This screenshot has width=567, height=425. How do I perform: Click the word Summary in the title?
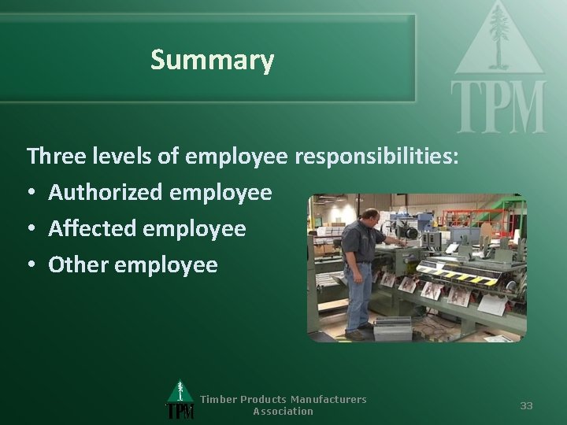212,60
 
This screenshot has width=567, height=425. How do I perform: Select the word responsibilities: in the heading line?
376,156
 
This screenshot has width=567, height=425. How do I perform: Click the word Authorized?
105,192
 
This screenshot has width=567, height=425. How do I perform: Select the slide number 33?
526,405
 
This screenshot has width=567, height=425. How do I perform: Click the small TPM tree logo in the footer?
180,401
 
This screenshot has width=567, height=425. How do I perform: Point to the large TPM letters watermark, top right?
498,107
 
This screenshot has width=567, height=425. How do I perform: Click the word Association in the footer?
283,411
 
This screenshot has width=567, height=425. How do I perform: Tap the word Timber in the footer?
218,399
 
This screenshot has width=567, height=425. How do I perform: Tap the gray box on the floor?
392,328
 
